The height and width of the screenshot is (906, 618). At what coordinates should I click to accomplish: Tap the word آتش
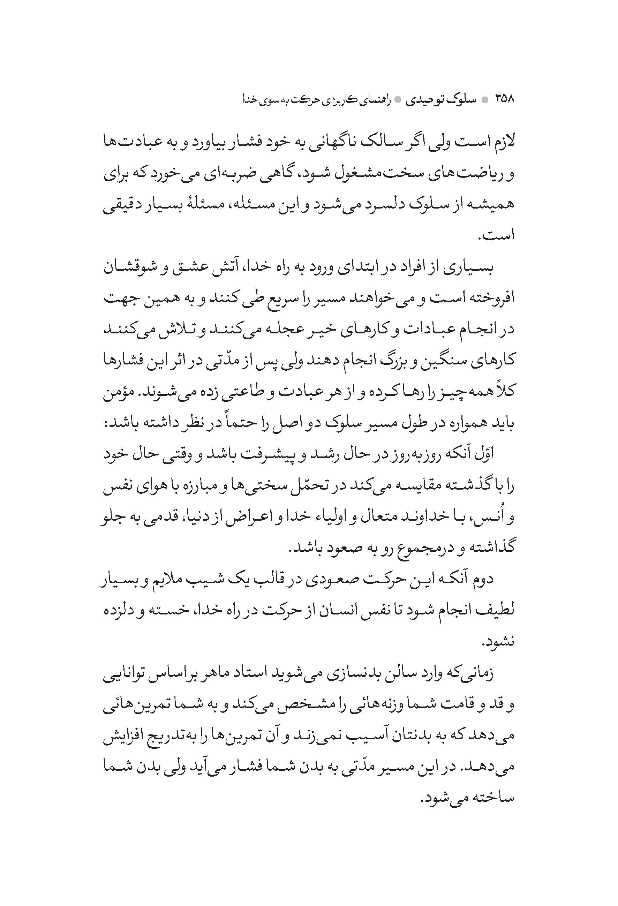(227, 268)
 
